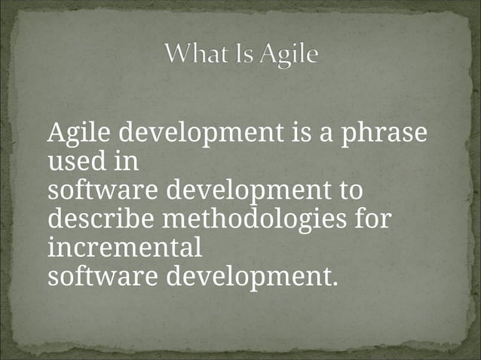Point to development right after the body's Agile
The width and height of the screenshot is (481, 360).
201,135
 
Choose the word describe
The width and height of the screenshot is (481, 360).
97,219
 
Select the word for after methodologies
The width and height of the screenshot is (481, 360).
376,219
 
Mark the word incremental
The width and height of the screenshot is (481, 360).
124,247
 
